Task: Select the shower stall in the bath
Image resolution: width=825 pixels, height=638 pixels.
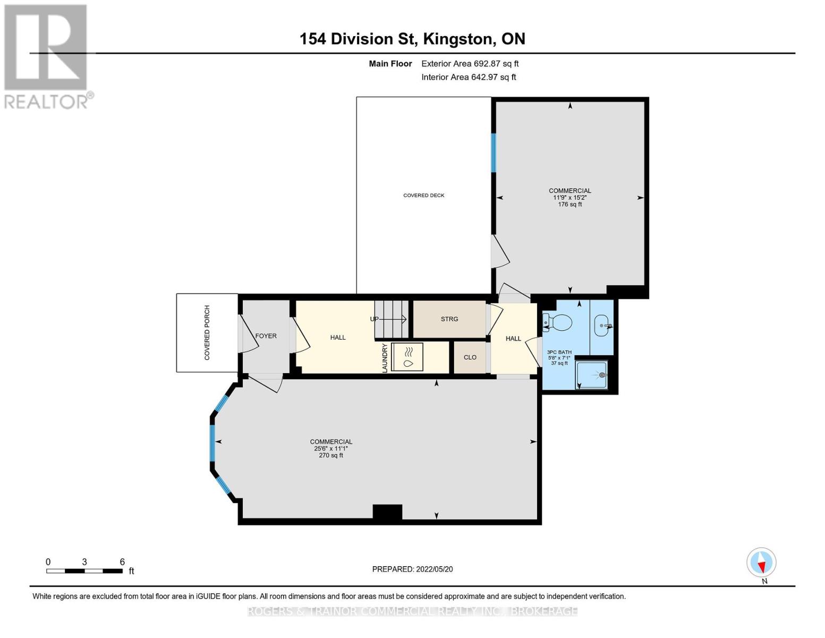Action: pyautogui.click(x=591, y=375)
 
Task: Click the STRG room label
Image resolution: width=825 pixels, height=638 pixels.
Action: pyautogui.click(x=449, y=319)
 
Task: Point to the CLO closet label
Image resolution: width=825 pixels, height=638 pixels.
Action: pyautogui.click(x=470, y=357)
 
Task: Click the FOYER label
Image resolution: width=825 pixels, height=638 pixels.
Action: pyautogui.click(x=266, y=336)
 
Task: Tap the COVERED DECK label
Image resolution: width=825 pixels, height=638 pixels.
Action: pyautogui.click(x=424, y=195)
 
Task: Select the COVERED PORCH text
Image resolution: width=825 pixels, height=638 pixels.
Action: pyautogui.click(x=207, y=332)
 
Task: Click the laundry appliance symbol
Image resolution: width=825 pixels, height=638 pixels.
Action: pyautogui.click(x=407, y=357)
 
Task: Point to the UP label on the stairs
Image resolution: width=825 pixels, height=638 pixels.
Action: pyautogui.click(x=375, y=319)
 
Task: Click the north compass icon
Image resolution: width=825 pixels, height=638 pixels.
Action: pyautogui.click(x=761, y=563)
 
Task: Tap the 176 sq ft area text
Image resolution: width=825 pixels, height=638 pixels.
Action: pyautogui.click(x=570, y=205)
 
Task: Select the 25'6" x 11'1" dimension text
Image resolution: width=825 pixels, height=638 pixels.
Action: pyautogui.click(x=330, y=448)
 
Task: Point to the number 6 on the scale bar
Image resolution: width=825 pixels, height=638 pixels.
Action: pyautogui.click(x=122, y=561)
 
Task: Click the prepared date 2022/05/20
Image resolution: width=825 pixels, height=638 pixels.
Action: pyautogui.click(x=435, y=569)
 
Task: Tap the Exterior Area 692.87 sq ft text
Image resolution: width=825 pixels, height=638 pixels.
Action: pyautogui.click(x=470, y=64)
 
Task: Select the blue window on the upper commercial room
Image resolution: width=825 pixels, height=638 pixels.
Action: pyautogui.click(x=494, y=153)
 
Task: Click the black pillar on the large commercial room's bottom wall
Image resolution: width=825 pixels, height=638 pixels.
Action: pyautogui.click(x=387, y=512)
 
